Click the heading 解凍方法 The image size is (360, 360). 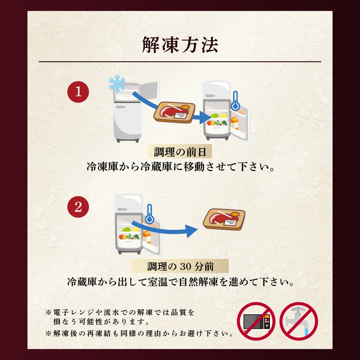click(180, 45)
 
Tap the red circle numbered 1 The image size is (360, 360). click(78, 92)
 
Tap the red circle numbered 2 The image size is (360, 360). click(78, 207)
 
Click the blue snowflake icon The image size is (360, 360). click(117, 84)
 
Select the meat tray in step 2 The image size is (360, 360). click(224, 219)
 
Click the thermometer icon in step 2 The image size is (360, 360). click(149, 214)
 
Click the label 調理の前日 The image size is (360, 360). click(180, 152)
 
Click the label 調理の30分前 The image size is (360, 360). click(180, 266)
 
